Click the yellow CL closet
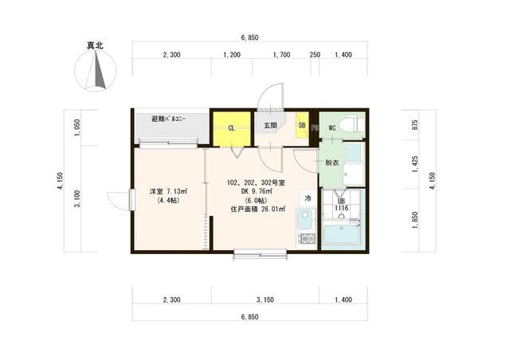pos(232,129)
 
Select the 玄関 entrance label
pos(270,125)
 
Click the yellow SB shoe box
pos(302,125)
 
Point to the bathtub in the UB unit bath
pos(342,234)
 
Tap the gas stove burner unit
pos(306,240)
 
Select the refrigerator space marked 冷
pos(308,198)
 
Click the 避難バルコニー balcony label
pos(168,119)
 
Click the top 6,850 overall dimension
pos(249,37)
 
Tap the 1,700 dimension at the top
pos(281,55)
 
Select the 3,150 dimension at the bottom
pos(265,299)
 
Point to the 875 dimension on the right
pos(415,125)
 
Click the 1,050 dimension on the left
pos(77,127)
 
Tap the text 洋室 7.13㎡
pos(169,191)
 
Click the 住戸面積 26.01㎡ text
pos(258,209)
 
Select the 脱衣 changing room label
pos(332,162)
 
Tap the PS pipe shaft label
pos(315,127)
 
